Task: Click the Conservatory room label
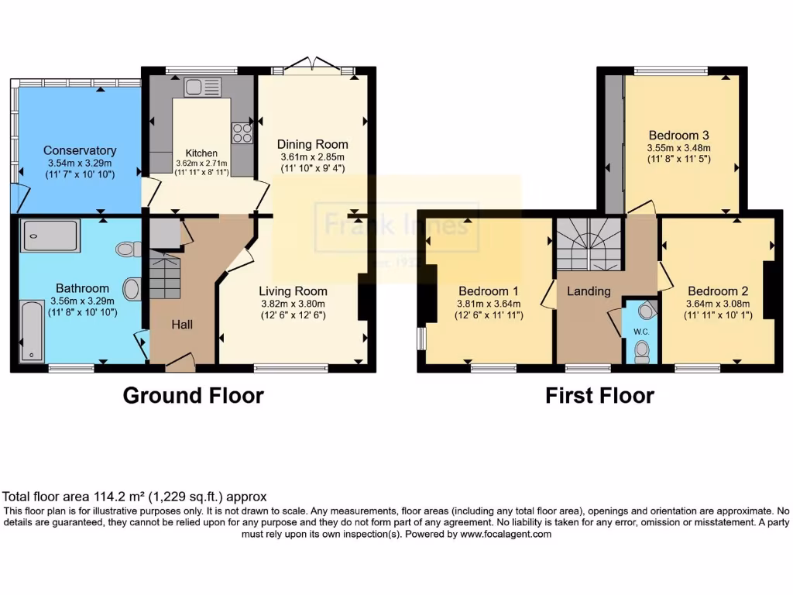(80, 150)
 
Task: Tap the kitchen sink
(202, 87)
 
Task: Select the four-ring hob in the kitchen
(242, 133)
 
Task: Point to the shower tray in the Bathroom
(50, 236)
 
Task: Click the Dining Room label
(313, 144)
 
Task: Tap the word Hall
(182, 324)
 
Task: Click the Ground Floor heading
(194, 396)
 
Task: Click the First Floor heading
(599, 396)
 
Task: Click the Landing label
(589, 291)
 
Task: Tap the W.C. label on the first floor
(640, 332)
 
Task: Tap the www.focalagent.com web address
(506, 534)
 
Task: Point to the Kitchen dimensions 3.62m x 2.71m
(201, 164)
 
